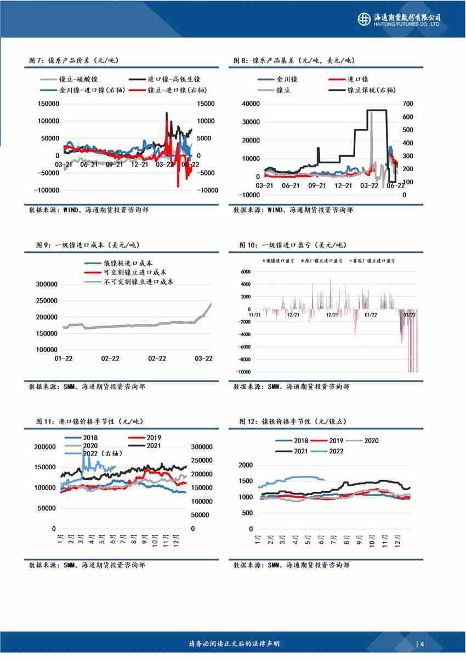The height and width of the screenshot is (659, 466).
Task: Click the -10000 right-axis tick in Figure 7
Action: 208,190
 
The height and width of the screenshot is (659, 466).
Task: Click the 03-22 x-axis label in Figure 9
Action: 204,359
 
